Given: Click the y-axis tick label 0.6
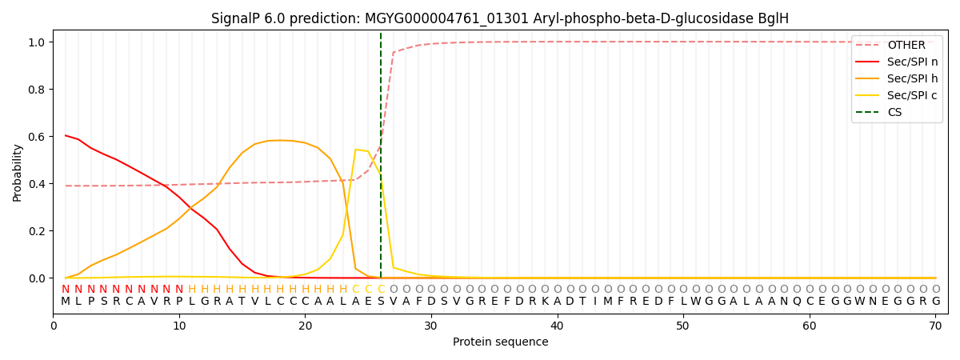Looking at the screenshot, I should [x=37, y=137].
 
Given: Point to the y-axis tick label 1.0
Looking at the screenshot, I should [x=37, y=42].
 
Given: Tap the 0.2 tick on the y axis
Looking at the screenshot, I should [x=37, y=231].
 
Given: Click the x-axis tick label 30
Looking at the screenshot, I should [x=431, y=326].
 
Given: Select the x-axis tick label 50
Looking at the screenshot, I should [x=682, y=326].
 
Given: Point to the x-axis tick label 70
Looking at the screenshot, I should [x=934, y=326].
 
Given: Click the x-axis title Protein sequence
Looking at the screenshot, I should [x=500, y=342].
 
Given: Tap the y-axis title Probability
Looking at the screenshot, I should [x=17, y=172].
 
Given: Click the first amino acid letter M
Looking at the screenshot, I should [x=66, y=302].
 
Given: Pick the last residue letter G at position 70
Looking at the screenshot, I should [x=935, y=302].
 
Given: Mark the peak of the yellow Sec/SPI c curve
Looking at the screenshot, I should [x=356, y=150].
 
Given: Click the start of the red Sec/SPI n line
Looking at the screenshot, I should [x=66, y=135].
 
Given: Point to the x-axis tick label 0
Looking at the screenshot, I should [x=54, y=326].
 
